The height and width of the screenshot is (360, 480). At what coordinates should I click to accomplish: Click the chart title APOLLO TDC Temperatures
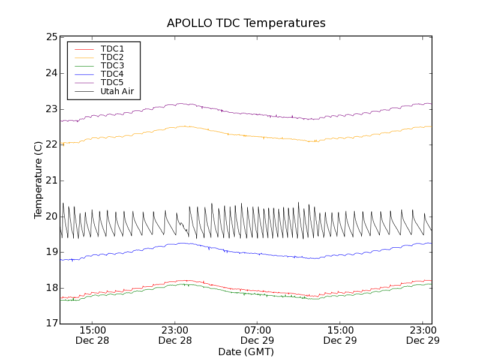(246, 23)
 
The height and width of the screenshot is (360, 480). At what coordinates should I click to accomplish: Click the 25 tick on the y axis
(51, 37)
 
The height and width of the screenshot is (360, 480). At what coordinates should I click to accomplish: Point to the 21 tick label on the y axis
(51, 181)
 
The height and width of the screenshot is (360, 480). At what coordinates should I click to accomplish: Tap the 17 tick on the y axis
(51, 324)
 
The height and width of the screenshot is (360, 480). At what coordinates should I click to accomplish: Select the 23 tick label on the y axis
(51, 109)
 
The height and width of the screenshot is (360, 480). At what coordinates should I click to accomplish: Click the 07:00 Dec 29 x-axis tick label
(257, 335)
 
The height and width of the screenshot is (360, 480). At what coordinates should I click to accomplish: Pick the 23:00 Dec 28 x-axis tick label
(175, 335)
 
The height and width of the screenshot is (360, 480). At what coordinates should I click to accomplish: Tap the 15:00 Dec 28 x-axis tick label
(92, 335)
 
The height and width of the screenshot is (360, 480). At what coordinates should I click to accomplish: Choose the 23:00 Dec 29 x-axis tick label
(422, 335)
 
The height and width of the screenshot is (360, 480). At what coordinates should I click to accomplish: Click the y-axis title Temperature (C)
(38, 180)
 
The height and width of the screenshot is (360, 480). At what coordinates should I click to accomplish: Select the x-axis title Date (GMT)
(246, 352)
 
